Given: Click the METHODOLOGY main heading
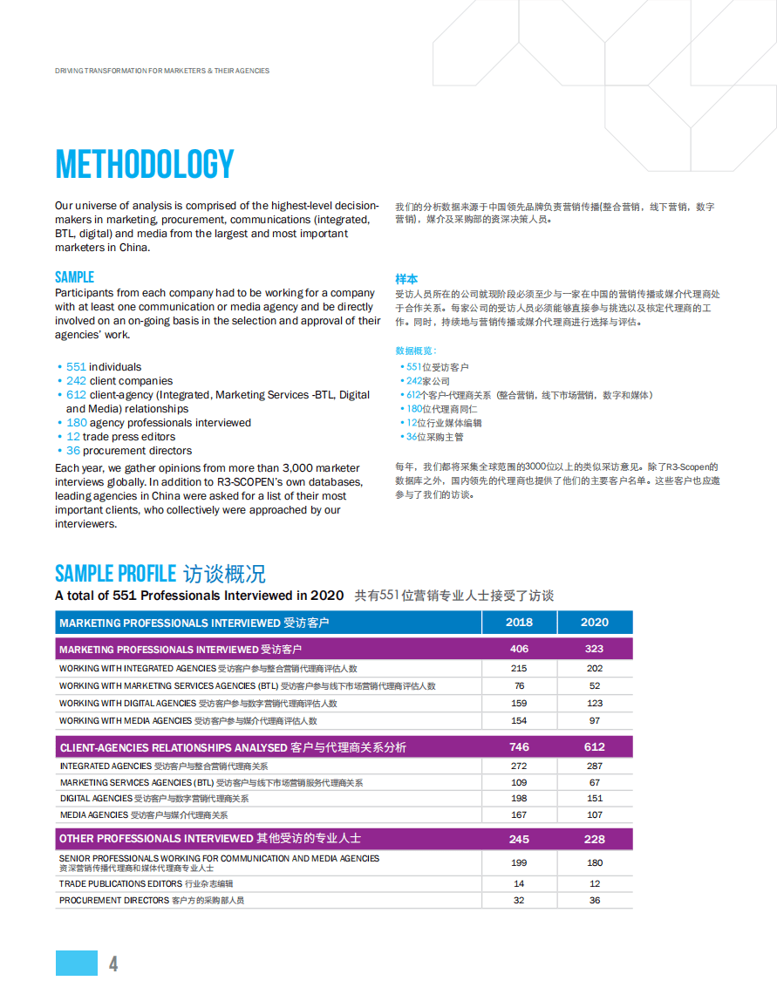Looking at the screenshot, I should point(145,165).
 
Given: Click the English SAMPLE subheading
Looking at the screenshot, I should point(74,277).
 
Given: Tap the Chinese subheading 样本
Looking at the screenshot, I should point(406,279).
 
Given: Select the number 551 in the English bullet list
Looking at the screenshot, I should point(76,367).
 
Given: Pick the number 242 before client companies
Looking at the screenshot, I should point(76,381).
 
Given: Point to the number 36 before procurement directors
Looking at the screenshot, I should point(73,451).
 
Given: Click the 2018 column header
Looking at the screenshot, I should point(519,623).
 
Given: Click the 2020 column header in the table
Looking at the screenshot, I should point(595,623).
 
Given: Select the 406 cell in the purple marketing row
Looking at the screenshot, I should point(519,650).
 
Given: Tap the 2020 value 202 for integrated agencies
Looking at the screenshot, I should point(595,669).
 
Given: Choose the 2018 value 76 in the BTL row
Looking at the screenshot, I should point(519,686).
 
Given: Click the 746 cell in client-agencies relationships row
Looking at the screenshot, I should point(519,747).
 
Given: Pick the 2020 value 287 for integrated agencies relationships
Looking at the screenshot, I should point(595,766).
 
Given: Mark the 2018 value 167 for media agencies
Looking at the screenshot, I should point(519,815).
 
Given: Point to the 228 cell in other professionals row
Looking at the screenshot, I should point(595,839).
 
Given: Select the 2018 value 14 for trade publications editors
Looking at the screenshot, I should point(519,884).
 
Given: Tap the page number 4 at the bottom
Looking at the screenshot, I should point(113,964).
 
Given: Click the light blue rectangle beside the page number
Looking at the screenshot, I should point(77,963).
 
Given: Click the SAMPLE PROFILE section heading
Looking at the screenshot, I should point(115,574).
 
